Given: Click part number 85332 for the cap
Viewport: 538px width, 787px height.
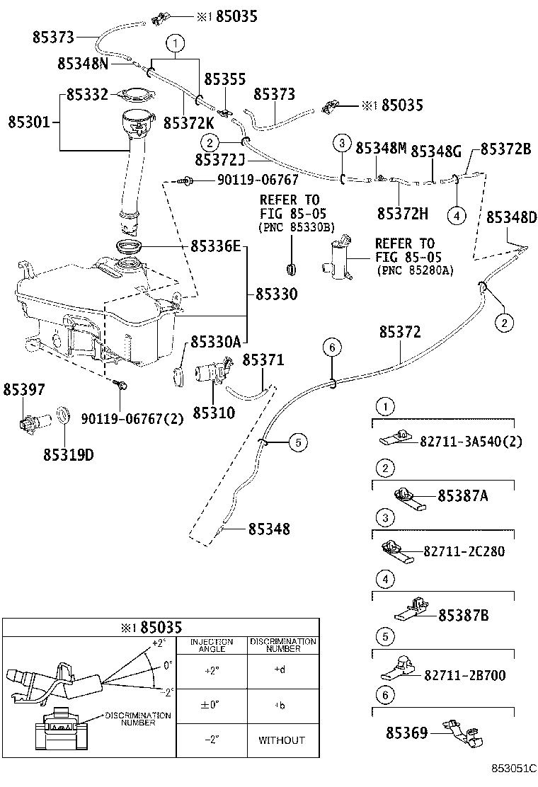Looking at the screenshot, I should [87, 94].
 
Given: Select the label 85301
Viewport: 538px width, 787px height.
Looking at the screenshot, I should [28, 122].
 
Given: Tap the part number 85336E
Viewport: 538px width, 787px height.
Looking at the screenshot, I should [216, 246].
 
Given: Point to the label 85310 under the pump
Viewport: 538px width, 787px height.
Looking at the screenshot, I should [214, 412].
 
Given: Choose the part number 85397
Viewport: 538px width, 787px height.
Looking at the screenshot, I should [23, 389].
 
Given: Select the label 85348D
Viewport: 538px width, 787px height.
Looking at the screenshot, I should [511, 217].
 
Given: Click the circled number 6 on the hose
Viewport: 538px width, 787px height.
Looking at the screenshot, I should [333, 347].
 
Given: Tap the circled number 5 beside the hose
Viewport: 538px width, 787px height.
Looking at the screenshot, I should [298, 443].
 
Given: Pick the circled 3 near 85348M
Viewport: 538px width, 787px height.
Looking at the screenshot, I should [341, 144].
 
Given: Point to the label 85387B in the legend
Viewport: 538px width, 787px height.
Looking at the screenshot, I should [463, 616].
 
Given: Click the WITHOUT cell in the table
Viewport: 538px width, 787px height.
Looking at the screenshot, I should [282, 740].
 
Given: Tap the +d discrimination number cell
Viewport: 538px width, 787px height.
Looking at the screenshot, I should [282, 670].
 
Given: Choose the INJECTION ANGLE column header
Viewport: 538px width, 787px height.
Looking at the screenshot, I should [212, 645].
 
